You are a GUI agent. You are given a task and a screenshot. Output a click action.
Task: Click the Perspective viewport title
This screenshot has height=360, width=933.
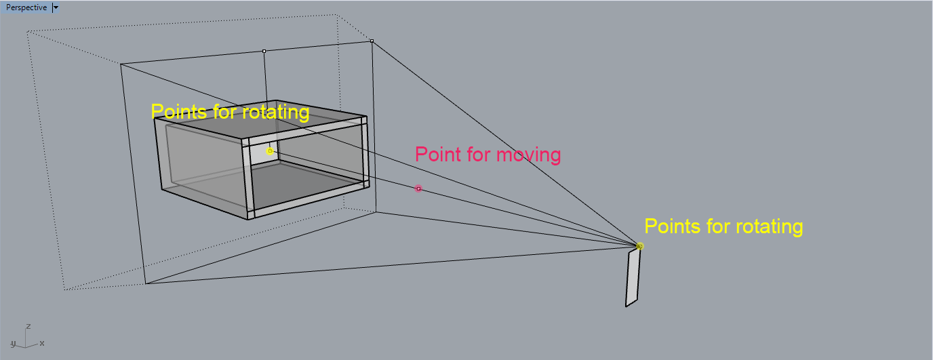(26, 7)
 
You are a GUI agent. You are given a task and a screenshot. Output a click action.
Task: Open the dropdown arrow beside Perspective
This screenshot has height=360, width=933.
(56, 7)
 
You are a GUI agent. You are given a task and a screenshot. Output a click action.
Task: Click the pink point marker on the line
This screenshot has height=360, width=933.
(418, 188)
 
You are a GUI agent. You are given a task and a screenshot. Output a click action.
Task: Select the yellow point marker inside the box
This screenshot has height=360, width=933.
(270, 151)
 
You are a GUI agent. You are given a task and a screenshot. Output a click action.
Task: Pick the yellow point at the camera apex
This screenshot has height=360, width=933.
(639, 246)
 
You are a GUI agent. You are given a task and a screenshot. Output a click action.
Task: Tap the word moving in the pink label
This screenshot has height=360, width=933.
(528, 155)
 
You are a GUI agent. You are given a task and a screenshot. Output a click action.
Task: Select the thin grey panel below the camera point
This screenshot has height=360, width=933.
(633, 278)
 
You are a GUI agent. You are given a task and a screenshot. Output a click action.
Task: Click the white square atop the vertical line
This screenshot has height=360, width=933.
(264, 51)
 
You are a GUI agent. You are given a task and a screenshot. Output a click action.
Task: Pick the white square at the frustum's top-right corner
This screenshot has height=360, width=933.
(372, 41)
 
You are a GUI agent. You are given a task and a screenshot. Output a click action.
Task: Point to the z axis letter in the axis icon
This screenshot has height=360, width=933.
(28, 326)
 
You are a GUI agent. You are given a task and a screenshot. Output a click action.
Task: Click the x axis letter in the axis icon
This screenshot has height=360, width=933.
(42, 343)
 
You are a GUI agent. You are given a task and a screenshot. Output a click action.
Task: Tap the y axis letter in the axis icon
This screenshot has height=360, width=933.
(13, 343)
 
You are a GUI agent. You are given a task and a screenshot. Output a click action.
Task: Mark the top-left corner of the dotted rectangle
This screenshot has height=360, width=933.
(27, 31)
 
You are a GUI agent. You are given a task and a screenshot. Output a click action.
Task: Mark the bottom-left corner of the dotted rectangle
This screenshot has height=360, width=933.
(64, 290)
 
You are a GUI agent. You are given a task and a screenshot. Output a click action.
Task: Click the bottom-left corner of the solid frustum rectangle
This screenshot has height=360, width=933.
(145, 283)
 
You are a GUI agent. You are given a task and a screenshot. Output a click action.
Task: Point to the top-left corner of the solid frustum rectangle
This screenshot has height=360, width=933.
(121, 64)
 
